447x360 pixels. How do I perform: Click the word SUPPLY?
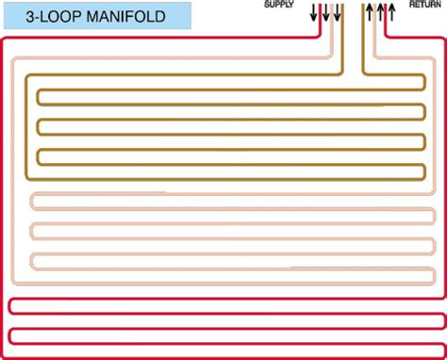click(278, 4)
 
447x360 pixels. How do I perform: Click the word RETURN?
click(425, 4)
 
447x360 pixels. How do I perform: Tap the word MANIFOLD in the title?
click(126, 16)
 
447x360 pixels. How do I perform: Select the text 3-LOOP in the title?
click(54, 16)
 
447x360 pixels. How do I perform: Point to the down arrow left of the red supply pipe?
click(313, 13)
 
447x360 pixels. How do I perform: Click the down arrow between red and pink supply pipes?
click(326, 13)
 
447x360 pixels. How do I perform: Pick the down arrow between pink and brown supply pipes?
click(337, 13)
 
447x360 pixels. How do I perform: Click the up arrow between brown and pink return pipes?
click(370, 12)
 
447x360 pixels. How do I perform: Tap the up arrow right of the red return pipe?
click(391, 12)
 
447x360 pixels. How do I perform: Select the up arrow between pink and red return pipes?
click(380, 12)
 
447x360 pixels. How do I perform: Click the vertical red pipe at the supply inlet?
click(321, 20)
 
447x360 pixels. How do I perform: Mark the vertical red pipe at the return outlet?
click(386, 20)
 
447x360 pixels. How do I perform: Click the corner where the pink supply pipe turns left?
click(331, 57)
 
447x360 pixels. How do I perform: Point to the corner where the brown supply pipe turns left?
click(342, 74)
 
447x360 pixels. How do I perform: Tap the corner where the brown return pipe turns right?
click(364, 74)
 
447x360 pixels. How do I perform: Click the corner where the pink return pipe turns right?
click(375, 57)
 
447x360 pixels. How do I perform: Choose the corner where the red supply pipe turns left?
click(321, 37)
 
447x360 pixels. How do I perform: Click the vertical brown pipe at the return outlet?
click(364, 39)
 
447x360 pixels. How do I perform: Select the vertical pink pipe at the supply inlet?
click(331, 30)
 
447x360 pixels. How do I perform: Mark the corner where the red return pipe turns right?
click(386, 37)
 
